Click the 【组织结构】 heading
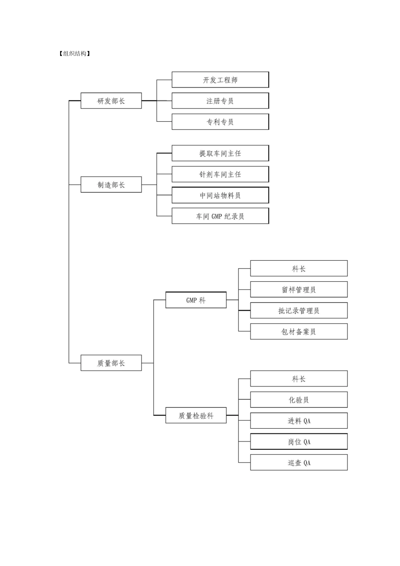[x=75, y=53]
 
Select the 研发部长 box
[x=111, y=101]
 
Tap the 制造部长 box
[x=111, y=185]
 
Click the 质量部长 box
[x=111, y=363]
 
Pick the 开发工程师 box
[x=220, y=80]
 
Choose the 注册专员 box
[x=220, y=101]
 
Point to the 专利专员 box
[x=220, y=122]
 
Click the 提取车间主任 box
[x=220, y=153]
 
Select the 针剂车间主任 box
[x=220, y=174]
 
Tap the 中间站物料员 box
[x=220, y=195]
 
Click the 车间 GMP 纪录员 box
[x=220, y=216]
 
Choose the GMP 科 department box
[x=196, y=300]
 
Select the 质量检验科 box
[x=196, y=416]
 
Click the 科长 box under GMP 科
[x=299, y=269]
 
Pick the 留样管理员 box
[x=299, y=290]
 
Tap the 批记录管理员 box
[x=299, y=311]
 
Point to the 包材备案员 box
[x=299, y=331]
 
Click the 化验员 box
[x=299, y=400]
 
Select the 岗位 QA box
[x=299, y=442]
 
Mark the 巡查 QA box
[x=299, y=462]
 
